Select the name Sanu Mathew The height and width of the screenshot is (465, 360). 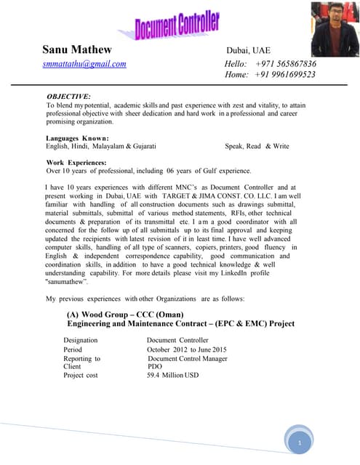click(x=77, y=49)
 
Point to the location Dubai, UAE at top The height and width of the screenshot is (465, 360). click(x=249, y=50)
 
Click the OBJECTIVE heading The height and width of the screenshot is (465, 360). click(x=68, y=96)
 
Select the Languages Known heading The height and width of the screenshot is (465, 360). click(x=77, y=137)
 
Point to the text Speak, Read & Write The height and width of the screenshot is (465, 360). click(x=257, y=146)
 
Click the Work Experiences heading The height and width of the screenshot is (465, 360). click(x=76, y=163)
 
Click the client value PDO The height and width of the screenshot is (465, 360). click(x=155, y=367)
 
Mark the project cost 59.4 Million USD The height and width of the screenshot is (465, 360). click(x=172, y=376)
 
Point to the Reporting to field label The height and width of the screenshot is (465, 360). click(x=82, y=359)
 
